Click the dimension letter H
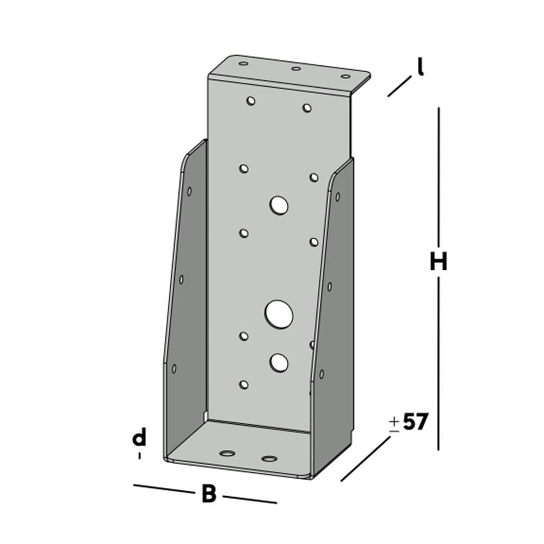point(438,262)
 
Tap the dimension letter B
point(209,494)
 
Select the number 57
point(416,422)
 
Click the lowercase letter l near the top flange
point(420,67)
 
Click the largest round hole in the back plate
point(279,314)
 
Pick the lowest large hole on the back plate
point(279,362)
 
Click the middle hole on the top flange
point(296,69)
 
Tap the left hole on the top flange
point(243,64)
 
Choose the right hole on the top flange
point(345,76)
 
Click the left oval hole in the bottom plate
point(227,453)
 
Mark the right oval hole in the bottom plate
point(268,459)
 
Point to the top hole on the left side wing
point(189,191)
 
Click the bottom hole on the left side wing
point(174,368)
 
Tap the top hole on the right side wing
point(338,196)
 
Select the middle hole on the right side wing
point(330,286)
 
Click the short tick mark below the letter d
point(140,456)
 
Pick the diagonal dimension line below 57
point(366,459)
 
